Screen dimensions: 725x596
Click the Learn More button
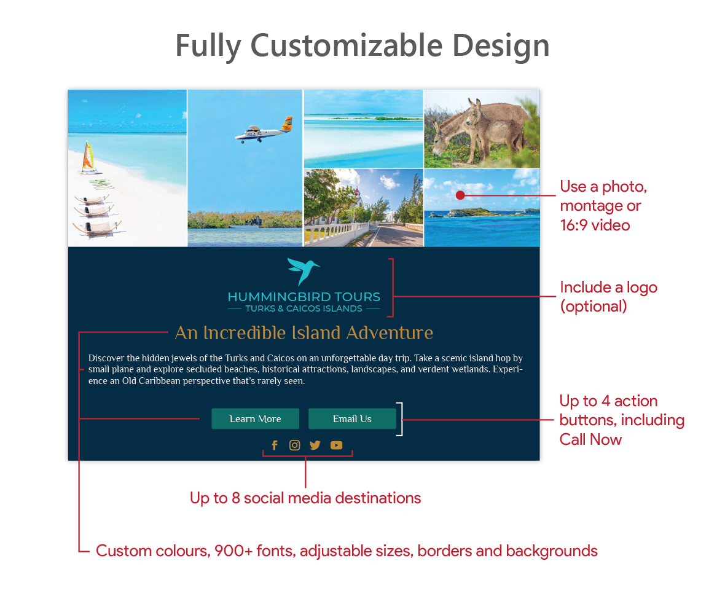click(255, 418)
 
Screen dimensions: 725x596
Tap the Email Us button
click(352, 418)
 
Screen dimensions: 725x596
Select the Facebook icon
click(275, 445)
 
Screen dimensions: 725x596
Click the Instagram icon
click(294, 445)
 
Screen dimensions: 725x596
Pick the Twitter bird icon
click(315, 445)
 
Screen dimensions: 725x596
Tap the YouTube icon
click(337, 445)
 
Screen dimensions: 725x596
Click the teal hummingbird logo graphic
click(303, 271)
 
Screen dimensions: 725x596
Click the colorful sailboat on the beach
click(88, 157)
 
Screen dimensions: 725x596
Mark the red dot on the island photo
click(460, 195)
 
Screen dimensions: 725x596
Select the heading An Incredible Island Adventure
click(304, 332)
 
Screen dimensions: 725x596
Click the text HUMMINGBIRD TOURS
click(304, 296)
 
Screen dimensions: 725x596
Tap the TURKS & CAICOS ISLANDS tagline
click(304, 308)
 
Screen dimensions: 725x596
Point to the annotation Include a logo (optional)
click(608, 296)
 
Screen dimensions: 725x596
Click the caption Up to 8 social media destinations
click(305, 498)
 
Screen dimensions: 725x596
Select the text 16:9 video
click(595, 225)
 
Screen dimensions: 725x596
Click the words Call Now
click(590, 439)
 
